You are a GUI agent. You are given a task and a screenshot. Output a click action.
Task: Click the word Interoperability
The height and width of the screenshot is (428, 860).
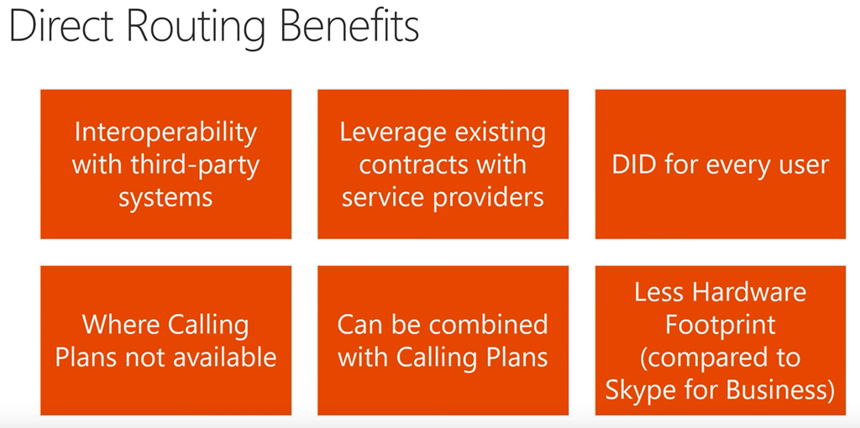pyautogui.click(x=165, y=132)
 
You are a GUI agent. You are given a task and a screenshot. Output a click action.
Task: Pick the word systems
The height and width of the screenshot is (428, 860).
pyautogui.click(x=165, y=197)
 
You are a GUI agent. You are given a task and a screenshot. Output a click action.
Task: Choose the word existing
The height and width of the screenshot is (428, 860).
pyautogui.click(x=500, y=132)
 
